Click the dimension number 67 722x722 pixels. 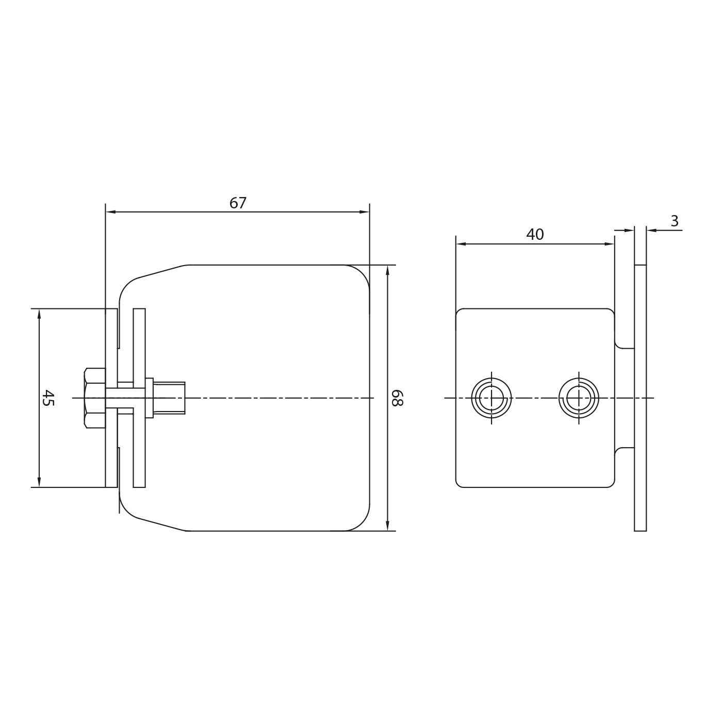coord(238,203)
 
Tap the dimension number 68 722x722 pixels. coord(397,398)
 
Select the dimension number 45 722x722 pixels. coord(48,398)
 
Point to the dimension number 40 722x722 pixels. coord(535,235)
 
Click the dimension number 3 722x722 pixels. coord(675,221)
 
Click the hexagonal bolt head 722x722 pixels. coord(95,398)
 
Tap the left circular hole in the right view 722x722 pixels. coord(491,398)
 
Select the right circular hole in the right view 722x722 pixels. coord(579,398)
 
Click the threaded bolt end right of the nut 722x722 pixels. coord(169,398)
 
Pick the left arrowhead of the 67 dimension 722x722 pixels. coord(111,212)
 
